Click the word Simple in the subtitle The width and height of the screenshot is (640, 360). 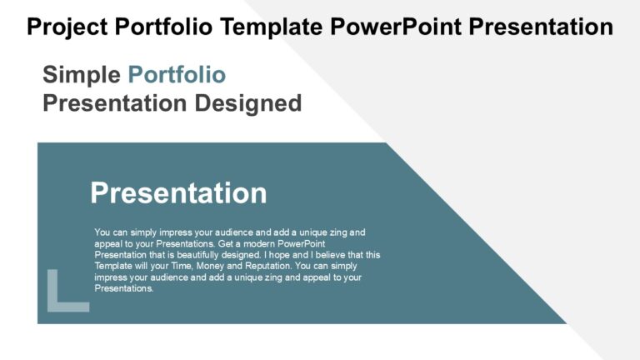[x=82, y=75]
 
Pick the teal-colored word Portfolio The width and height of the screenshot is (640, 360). [x=177, y=75]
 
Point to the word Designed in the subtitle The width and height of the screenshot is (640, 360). [x=247, y=103]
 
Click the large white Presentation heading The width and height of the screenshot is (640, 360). [x=178, y=193]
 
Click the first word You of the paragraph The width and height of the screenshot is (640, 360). [x=102, y=232]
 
